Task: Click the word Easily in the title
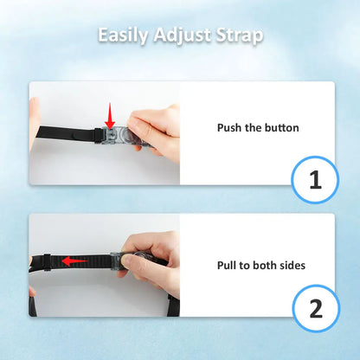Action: (123, 35)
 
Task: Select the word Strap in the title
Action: (240, 35)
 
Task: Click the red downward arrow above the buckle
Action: (110, 116)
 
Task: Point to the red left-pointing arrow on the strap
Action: (75, 261)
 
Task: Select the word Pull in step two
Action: (227, 265)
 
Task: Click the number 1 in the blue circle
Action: (315, 180)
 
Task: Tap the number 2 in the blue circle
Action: (316, 309)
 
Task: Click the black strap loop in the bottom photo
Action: (48, 262)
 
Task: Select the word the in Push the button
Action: (254, 127)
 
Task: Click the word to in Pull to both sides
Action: (244, 266)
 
